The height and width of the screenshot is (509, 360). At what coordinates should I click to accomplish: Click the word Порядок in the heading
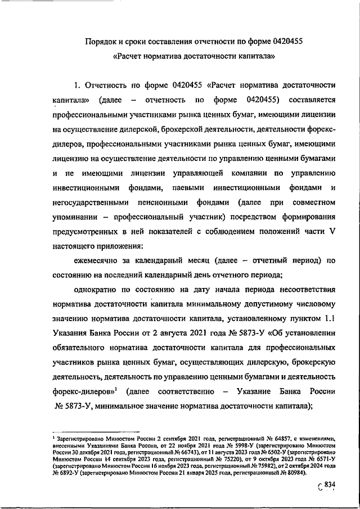tap(101, 42)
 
